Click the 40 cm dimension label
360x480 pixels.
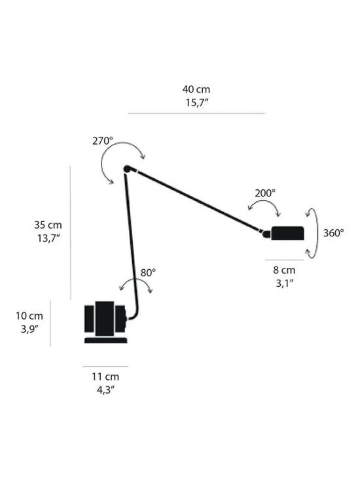pyautogui.click(x=196, y=89)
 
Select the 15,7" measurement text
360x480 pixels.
pyautogui.click(x=196, y=102)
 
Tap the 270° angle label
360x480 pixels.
pyautogui.click(x=102, y=140)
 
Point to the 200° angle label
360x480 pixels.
pyautogui.click(x=265, y=193)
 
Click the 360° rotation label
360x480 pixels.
pyautogui.click(x=334, y=232)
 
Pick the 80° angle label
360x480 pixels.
pyautogui.click(x=148, y=272)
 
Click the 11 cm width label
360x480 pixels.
pyautogui.click(x=105, y=377)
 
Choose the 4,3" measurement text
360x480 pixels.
pyautogui.click(x=105, y=390)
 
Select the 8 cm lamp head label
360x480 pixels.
pyautogui.click(x=283, y=270)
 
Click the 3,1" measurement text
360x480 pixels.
pyautogui.click(x=283, y=283)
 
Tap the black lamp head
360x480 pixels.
pyautogui.click(x=287, y=232)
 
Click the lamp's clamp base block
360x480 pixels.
pyautogui.click(x=105, y=321)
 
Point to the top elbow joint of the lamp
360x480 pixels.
pyautogui.click(x=127, y=170)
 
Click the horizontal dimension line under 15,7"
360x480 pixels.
pyautogui.click(x=196, y=113)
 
